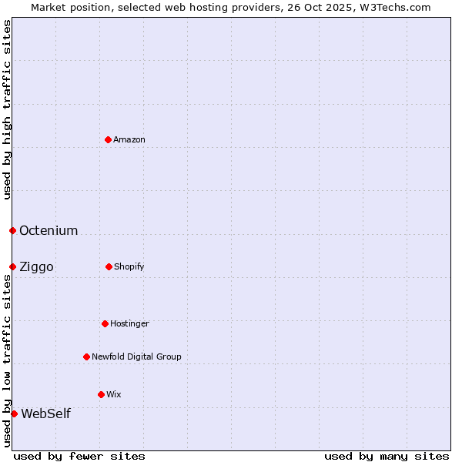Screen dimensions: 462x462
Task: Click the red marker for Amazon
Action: click(108, 139)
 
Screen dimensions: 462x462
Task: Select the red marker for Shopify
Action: click(109, 266)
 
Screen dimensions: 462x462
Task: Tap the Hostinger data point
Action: click(105, 323)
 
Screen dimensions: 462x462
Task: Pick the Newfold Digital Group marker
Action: click(86, 357)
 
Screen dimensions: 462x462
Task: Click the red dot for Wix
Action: click(101, 394)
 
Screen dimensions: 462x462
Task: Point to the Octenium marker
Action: click(12, 230)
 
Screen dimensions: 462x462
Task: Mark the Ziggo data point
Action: click(12, 266)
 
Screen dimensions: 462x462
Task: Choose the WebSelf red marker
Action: click(14, 413)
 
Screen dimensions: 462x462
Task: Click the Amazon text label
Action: click(129, 139)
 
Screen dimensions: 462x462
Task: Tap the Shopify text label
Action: click(129, 266)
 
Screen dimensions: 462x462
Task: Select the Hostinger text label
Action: click(129, 323)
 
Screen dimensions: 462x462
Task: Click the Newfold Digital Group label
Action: click(136, 357)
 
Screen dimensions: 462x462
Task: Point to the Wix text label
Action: click(114, 394)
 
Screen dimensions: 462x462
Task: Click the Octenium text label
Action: click(49, 230)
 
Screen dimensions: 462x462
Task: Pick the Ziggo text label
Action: click(36, 266)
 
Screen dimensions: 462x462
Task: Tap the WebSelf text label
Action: click(45, 413)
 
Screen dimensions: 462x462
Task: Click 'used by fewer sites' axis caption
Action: click(79, 456)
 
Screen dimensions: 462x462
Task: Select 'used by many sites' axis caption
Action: click(387, 456)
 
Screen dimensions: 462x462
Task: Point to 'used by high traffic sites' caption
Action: click(7, 109)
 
